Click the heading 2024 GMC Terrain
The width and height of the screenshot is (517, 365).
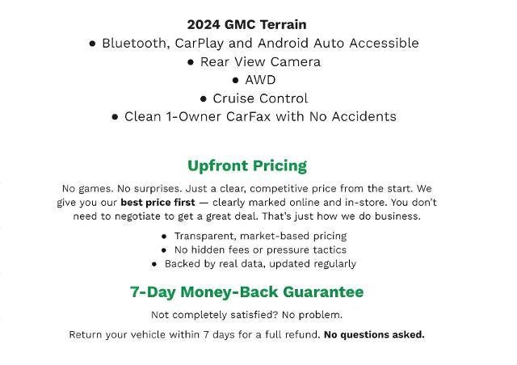tap(246, 24)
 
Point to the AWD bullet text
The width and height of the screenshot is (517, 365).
tap(260, 79)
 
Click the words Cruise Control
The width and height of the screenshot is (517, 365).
tap(260, 98)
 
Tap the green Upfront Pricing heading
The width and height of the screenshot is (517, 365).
tap(246, 166)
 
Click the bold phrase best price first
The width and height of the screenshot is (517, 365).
tap(158, 202)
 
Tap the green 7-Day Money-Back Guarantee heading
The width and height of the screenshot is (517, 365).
tap(246, 292)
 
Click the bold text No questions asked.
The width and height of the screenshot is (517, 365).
tap(373, 334)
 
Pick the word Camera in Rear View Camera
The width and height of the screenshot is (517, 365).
tap(293, 61)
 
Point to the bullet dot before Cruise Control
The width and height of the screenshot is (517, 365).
tap(204, 99)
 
